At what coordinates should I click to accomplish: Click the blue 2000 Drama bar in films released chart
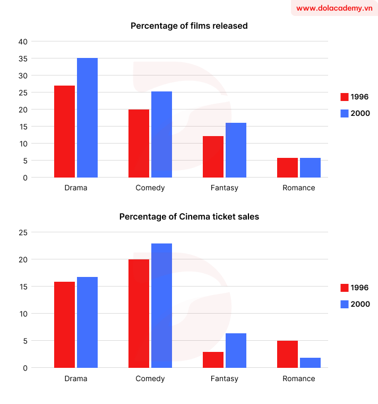coord(87,117)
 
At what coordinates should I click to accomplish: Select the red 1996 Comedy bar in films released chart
coord(139,143)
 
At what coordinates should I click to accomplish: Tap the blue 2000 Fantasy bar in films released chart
coord(236,150)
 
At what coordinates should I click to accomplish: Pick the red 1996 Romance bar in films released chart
coord(287,167)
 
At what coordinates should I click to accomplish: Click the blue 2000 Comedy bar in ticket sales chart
coord(161,305)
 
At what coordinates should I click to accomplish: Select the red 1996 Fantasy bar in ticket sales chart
coord(213,359)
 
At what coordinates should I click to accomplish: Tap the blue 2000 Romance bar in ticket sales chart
coord(310,363)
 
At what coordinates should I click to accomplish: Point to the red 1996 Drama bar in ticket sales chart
coord(64,324)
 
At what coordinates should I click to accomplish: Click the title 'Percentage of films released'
coord(189,26)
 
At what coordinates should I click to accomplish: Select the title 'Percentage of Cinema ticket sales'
coord(189,216)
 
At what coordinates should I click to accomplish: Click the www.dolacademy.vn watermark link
coord(334,8)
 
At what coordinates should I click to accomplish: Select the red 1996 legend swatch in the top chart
coord(344,97)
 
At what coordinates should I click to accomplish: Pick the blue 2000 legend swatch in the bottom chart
coord(344,304)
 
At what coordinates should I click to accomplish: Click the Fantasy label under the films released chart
coord(224,188)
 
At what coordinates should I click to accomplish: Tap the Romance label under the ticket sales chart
coord(298,378)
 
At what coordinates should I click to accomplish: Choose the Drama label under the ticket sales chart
coord(75,378)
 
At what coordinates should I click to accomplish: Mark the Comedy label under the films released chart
coord(150,188)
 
